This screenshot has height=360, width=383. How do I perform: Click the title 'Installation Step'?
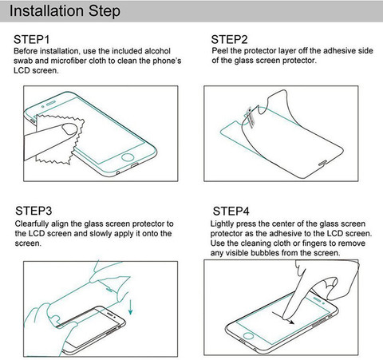click(x=65, y=11)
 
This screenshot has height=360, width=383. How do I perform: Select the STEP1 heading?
click(x=32, y=40)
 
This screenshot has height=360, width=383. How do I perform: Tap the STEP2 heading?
click(x=229, y=40)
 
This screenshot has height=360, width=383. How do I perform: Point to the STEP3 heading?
click(x=34, y=211)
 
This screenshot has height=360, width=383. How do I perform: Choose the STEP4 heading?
click(x=231, y=212)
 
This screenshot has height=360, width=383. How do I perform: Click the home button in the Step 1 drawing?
click(x=128, y=157)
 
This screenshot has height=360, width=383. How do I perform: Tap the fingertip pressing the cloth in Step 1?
click(x=69, y=129)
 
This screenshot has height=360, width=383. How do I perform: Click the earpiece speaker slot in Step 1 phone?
click(x=51, y=103)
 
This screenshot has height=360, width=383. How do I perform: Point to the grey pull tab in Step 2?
click(x=251, y=117)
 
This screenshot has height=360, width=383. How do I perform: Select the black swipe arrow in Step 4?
click(x=283, y=317)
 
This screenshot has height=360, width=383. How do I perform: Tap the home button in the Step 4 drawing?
click(x=248, y=335)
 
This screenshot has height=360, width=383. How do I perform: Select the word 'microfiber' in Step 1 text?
click(x=69, y=61)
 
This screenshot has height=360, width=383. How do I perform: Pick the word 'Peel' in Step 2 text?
click(x=219, y=50)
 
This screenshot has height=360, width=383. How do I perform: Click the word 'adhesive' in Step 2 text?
click(x=339, y=50)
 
